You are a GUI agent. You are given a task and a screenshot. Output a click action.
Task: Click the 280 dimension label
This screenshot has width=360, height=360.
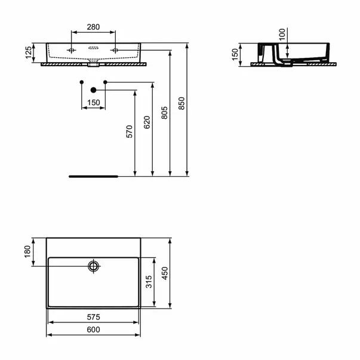92,26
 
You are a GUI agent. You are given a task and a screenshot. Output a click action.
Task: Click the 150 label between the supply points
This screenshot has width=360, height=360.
93,103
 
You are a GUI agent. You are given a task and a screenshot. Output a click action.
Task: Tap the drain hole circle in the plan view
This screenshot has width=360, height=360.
93,265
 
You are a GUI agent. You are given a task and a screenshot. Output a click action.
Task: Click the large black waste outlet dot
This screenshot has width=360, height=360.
93,90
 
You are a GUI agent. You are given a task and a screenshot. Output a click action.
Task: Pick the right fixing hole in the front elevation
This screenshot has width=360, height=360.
113,50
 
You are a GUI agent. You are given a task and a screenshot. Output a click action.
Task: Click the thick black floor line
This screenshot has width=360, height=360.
94,177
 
